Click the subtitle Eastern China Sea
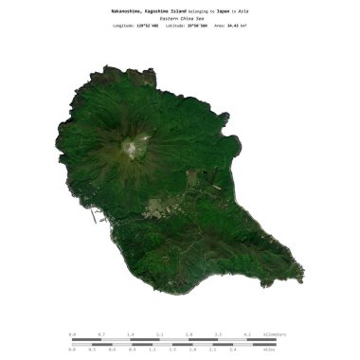pos(180,19)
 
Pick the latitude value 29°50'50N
pos(198,27)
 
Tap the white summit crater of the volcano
pos(132,148)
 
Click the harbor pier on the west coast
pos(95,216)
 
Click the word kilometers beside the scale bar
pos(273,334)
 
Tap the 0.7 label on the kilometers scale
pos(101,334)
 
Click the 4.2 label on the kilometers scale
pos(247,334)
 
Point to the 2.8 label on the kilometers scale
pos(189,334)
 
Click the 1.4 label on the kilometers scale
pos(130,334)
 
